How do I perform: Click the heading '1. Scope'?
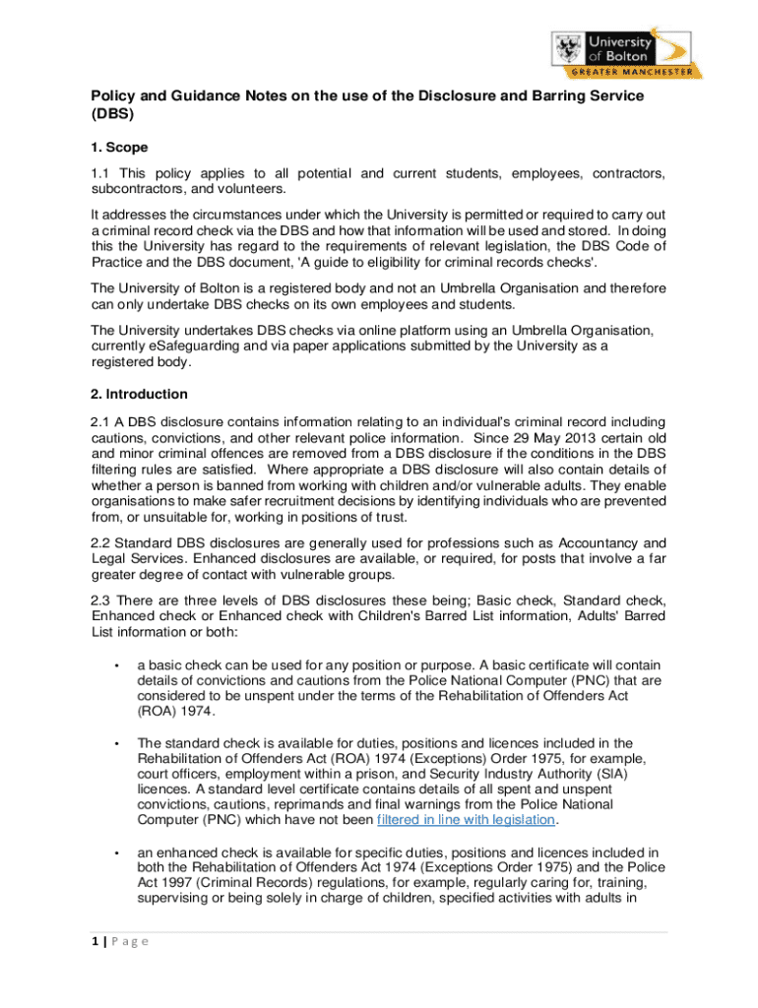(x=119, y=147)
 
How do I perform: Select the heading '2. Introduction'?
(x=139, y=394)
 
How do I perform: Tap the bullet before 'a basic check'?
(x=116, y=666)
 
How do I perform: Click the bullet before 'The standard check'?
(x=116, y=743)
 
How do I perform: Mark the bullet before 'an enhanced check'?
(x=116, y=851)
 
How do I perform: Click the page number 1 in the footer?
(x=95, y=941)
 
